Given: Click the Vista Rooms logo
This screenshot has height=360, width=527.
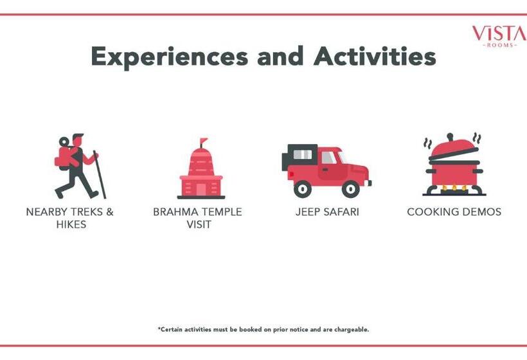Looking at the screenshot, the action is tap(499, 36).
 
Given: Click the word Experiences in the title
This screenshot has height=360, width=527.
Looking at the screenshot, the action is tap(170, 57).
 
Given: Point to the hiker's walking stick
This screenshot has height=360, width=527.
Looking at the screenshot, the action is tap(100, 174).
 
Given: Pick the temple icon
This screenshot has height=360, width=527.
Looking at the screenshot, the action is tap(201, 168).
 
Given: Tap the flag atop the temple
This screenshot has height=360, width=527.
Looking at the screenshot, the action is tap(203, 141).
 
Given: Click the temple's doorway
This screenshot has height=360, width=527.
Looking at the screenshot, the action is tap(201, 190).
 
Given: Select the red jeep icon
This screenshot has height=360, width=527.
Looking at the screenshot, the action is tap(326, 171).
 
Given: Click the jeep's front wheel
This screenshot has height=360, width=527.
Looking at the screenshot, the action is tap(350, 189).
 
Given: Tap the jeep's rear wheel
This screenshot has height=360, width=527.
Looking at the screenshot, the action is tap(303, 189).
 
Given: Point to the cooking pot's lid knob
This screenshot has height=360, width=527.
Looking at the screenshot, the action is tap(450, 137).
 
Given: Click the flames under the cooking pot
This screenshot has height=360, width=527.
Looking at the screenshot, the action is tap(454, 188).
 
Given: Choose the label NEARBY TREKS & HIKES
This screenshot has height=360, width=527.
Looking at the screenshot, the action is tap(70, 218).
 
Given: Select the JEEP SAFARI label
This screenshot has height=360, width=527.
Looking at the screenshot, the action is tap(327, 212).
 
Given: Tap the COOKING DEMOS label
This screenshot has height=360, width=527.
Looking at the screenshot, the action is tap(454, 212).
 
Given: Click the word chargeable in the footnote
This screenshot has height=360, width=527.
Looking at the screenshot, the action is tap(351, 329).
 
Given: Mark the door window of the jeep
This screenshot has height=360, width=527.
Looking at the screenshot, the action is tap(328, 157).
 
